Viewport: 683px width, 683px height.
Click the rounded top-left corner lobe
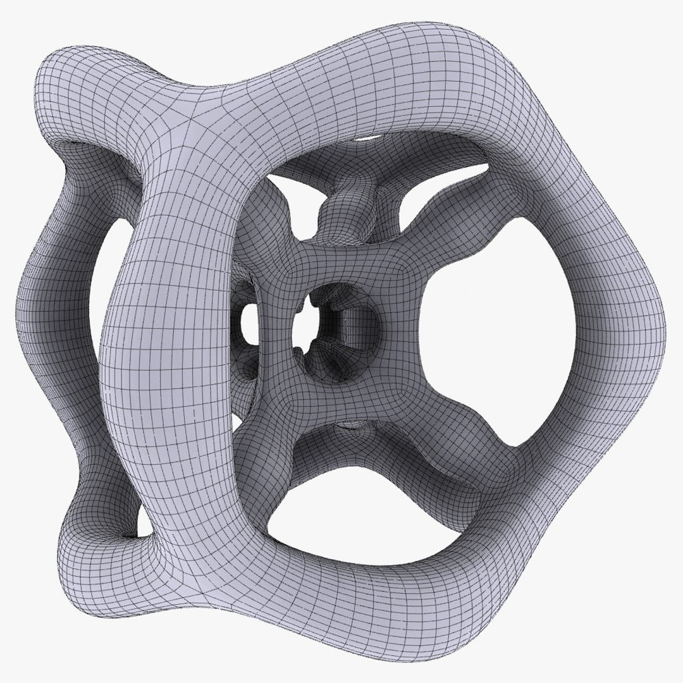coord(70,82)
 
